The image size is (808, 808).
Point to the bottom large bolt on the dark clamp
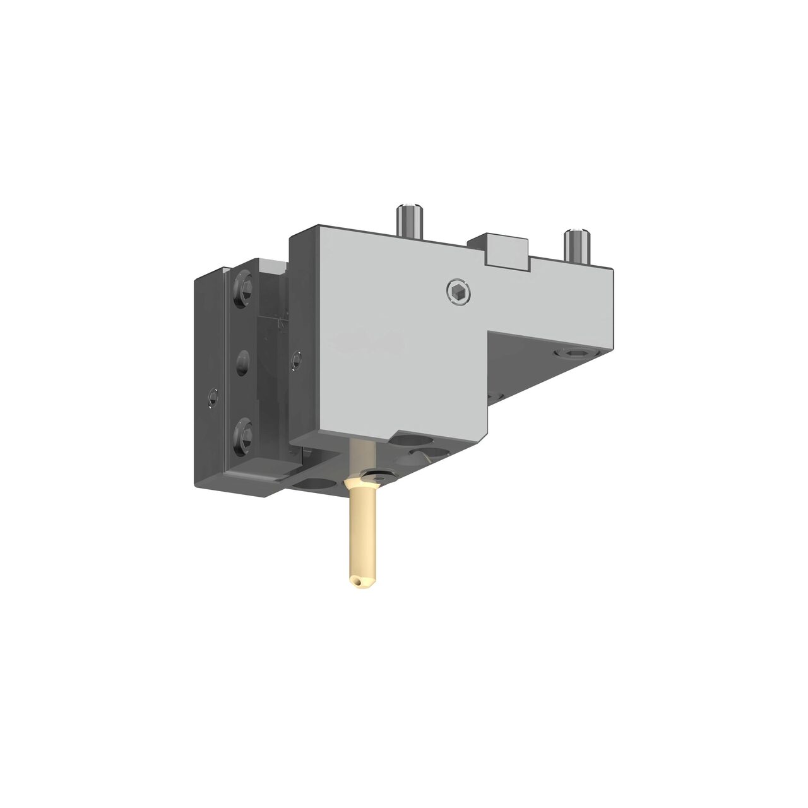click(243, 436)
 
